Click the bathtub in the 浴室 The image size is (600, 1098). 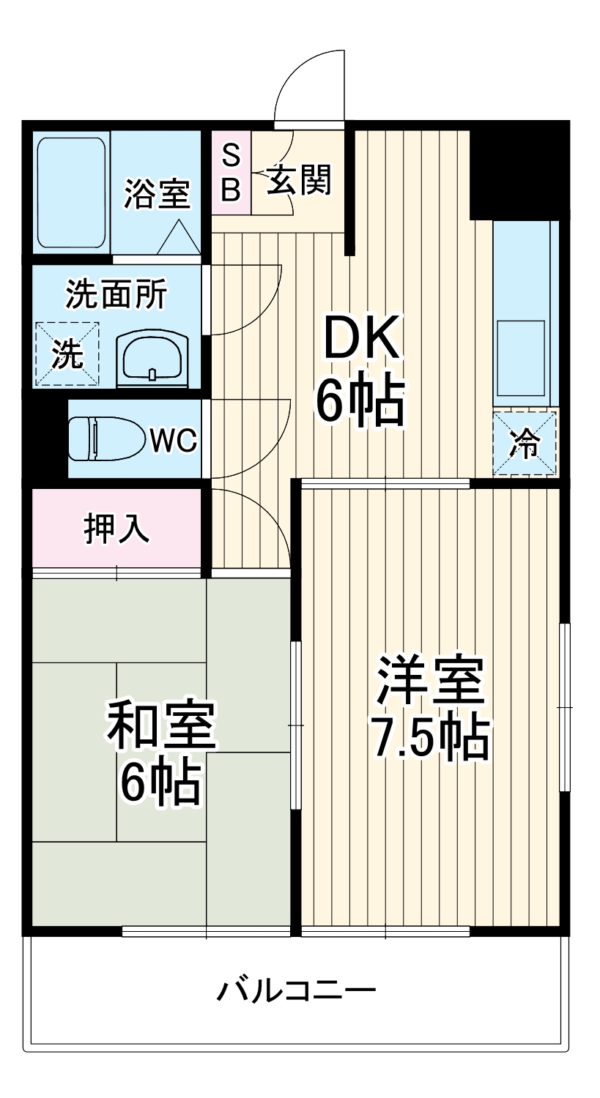pos(72,193)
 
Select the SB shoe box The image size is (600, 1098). pos(231,173)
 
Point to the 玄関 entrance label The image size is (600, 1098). pos(299,179)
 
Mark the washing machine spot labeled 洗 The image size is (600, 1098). pos(67,354)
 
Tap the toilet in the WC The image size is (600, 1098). pos(103,438)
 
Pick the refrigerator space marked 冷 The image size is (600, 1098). pos(525,443)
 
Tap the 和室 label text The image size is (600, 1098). pos(161,725)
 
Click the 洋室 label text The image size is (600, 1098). pos(430,681)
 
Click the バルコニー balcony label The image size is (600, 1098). pos(296,992)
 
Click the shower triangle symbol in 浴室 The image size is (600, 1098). pos(178,238)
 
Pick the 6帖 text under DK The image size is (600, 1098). pos(360,400)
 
